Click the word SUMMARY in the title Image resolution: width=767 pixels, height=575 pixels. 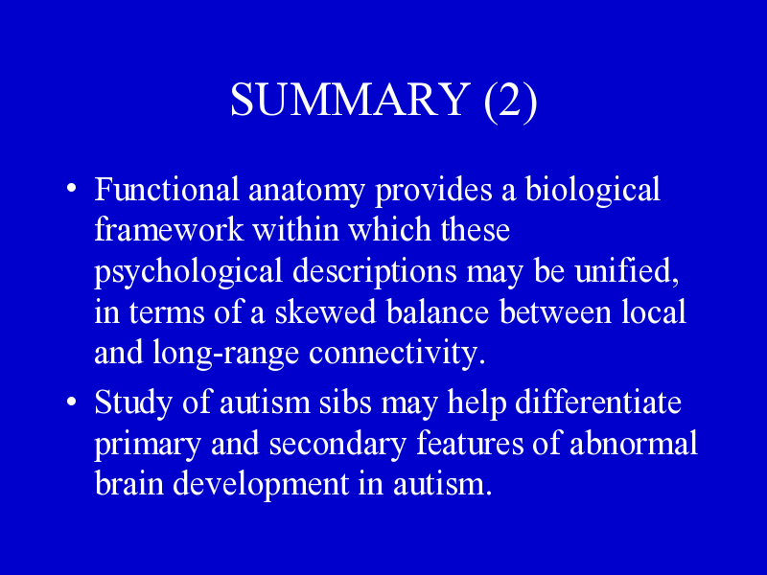point(350,99)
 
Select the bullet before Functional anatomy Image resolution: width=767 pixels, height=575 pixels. point(71,188)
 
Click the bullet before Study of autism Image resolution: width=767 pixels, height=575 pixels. point(71,402)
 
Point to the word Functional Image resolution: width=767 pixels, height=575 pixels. point(167,189)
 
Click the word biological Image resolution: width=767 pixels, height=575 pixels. point(593,191)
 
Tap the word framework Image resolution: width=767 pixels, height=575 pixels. point(169,229)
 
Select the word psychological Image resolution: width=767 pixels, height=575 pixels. point(188,273)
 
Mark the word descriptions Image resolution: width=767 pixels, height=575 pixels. point(374,273)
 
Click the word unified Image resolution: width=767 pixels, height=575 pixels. point(627,271)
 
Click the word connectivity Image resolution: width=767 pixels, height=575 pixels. point(397,354)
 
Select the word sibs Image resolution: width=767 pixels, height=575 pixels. point(346,402)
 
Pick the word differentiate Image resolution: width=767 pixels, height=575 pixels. point(598,402)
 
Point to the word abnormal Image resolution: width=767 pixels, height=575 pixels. point(634,443)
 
